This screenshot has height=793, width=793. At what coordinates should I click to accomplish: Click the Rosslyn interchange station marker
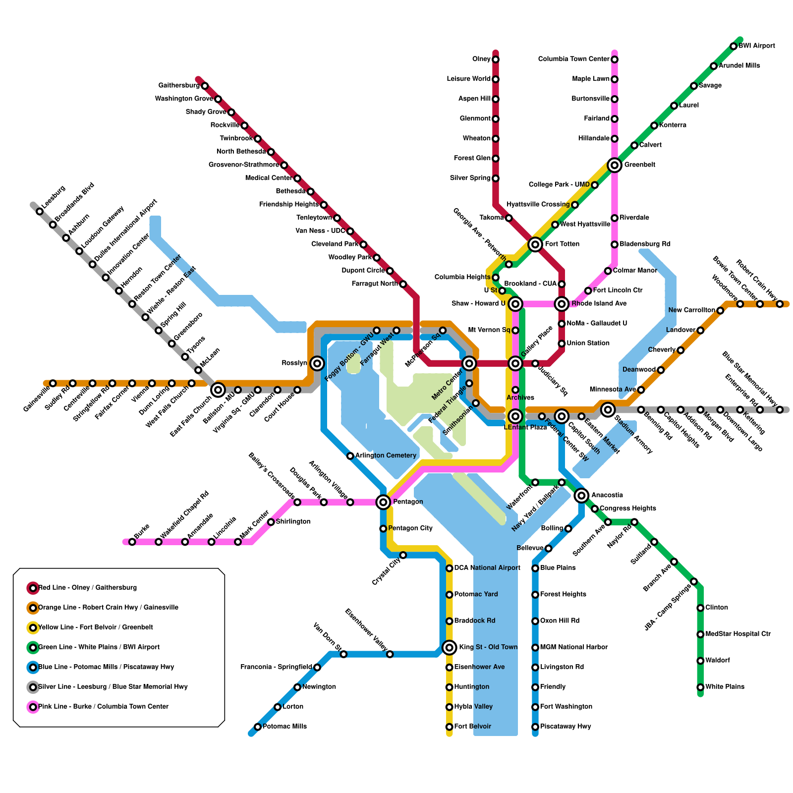point(317,363)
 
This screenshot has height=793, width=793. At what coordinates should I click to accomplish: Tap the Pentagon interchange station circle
point(383,502)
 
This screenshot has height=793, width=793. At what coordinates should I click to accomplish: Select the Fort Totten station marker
point(535,244)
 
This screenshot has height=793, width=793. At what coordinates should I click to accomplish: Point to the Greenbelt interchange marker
point(615,165)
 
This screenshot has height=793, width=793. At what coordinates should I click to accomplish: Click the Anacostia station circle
point(582,495)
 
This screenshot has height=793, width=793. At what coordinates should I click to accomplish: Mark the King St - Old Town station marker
point(450,647)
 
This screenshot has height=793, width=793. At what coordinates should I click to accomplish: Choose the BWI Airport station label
point(756,46)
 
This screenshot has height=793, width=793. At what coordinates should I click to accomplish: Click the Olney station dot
point(496,59)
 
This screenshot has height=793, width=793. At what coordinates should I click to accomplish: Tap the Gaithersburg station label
point(179,86)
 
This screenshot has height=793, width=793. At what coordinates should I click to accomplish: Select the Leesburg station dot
point(40,212)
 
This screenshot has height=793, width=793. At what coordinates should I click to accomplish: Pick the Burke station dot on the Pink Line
point(132,542)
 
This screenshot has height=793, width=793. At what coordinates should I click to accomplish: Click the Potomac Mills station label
point(284,727)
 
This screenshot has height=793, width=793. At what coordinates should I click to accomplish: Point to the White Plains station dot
point(700,687)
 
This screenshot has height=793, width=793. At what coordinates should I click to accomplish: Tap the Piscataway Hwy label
point(566,727)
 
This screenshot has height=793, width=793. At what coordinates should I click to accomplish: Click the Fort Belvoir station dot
point(450,727)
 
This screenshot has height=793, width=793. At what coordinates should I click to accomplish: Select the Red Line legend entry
point(87,588)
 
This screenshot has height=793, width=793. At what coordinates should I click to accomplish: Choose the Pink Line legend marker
point(33,707)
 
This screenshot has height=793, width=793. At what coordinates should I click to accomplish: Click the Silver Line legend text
point(113,687)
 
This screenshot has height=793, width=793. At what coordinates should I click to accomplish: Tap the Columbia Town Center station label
point(573,59)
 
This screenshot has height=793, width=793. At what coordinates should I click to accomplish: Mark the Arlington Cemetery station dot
point(350,455)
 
